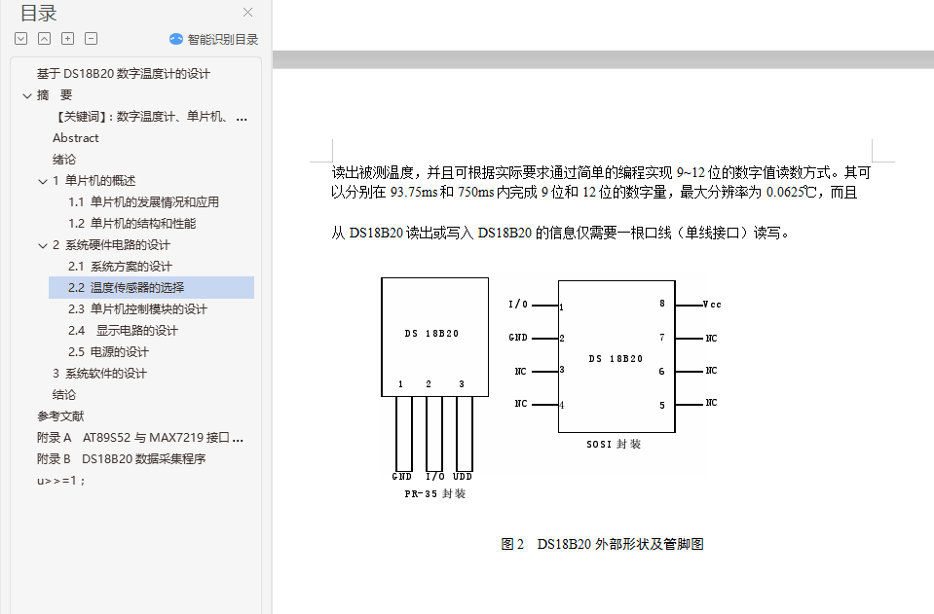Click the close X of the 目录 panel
[x=247, y=13]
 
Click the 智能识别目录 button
[x=214, y=39]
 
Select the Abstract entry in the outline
[x=76, y=138]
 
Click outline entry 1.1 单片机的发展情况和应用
[x=143, y=202]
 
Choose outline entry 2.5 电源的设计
[x=108, y=352]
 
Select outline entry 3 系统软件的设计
[x=99, y=374]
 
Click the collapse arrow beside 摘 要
[x=27, y=95]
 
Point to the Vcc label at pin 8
[x=712, y=305]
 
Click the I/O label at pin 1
[x=518, y=305]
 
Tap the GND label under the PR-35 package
[x=401, y=477]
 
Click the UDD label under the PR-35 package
[x=463, y=477]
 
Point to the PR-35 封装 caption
[x=434, y=494]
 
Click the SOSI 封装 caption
[x=614, y=444]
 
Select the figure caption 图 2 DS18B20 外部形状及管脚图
[x=602, y=544]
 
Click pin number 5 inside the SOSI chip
[x=661, y=405]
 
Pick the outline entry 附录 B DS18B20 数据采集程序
[x=121, y=459]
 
